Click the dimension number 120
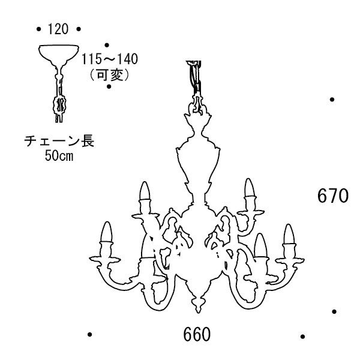coord(58,29)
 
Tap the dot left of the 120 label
coord(38,29)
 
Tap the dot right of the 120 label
coord(79,29)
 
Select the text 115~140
coord(110,59)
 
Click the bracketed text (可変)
coord(110,74)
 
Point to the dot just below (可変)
coord(109,86)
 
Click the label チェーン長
coord(59,140)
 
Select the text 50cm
coord(59,156)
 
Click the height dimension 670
coord(333,196)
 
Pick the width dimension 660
coord(197,334)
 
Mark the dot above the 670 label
coord(332,100)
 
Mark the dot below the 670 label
coord(334,311)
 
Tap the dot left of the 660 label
coord(90,334)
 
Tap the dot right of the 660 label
coord(302,337)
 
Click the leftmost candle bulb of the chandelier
coord(106,232)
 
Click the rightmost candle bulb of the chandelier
coord(289,234)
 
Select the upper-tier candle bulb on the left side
coord(145,191)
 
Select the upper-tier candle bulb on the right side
coord(250,188)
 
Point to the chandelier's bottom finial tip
coord(198,312)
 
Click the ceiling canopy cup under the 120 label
coord(59,53)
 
